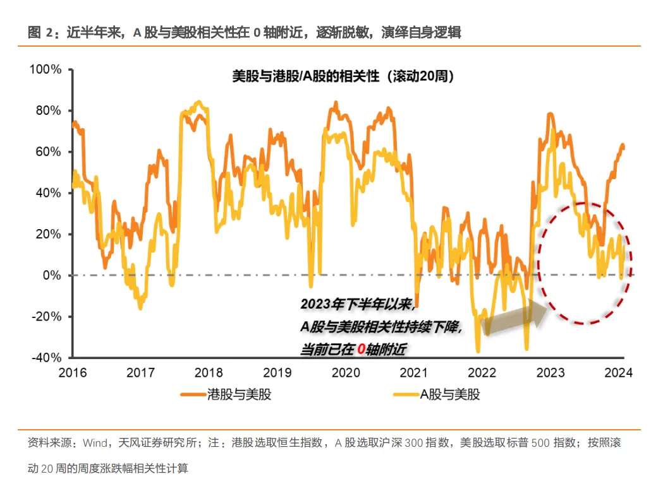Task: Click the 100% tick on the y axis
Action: [46, 69]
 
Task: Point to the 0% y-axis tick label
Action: [51, 276]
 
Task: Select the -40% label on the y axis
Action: [46, 358]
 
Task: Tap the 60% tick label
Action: [48, 152]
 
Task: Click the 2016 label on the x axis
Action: [72, 372]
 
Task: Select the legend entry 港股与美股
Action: [239, 395]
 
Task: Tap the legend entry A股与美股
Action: [449, 395]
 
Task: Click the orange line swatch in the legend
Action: [194, 395]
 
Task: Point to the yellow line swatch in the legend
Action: [405, 395]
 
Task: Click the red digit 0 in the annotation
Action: [360, 348]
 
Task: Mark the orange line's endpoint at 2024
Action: [623, 146]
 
